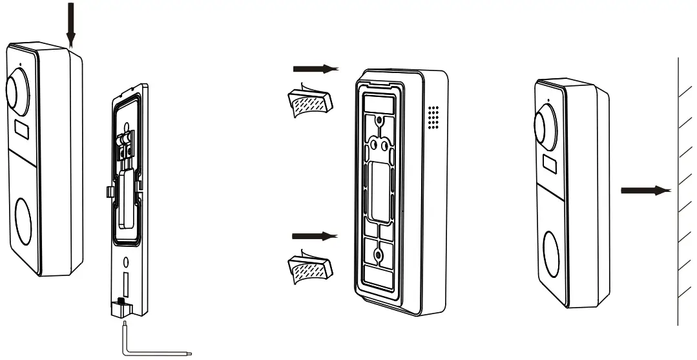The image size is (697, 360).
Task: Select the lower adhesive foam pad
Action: [309, 266]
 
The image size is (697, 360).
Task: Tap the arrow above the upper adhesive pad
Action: [315, 68]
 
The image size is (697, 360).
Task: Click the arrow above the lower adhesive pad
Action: [315, 236]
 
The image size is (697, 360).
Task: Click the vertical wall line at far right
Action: [678, 194]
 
